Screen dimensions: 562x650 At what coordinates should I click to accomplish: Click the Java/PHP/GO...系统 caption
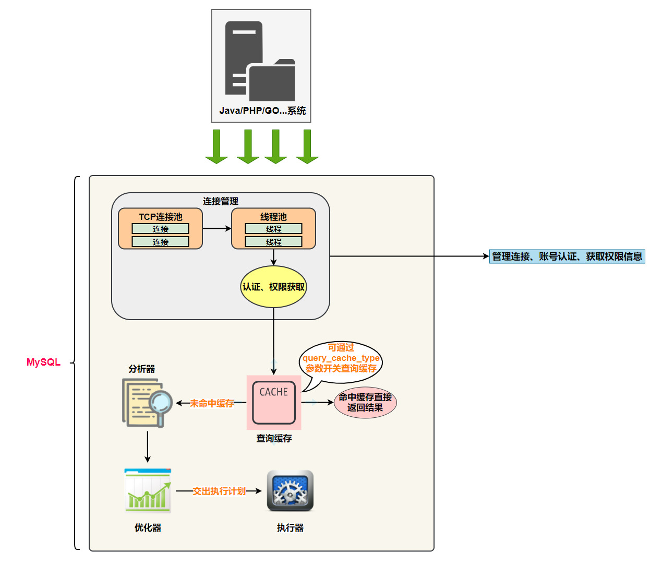point(262,111)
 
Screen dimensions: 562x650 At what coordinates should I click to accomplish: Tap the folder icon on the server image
point(272,81)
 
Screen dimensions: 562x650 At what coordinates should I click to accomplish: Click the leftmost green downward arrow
point(216,147)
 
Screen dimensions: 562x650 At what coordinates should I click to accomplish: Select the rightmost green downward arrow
point(307,147)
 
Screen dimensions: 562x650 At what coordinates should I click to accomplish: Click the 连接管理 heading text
point(221,201)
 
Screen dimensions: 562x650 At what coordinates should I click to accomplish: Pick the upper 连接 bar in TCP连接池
point(160,229)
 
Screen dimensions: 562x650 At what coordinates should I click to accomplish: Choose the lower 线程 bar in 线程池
point(273,242)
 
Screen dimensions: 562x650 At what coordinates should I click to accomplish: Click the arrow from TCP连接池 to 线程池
point(216,228)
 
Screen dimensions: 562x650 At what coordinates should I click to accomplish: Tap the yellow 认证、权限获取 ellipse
point(273,287)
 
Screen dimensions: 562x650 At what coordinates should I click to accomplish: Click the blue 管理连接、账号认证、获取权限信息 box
point(567,256)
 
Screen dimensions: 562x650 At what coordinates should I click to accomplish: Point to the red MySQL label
point(43,362)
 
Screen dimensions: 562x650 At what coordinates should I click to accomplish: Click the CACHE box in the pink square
point(274,402)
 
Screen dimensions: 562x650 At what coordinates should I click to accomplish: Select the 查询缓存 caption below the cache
point(274,438)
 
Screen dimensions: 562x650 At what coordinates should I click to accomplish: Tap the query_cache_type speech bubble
point(341,359)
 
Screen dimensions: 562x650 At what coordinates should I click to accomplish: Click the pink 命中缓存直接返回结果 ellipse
point(365,403)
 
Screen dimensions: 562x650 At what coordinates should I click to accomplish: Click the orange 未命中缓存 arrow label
point(212,403)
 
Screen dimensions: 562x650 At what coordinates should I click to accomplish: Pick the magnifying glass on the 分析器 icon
point(161,403)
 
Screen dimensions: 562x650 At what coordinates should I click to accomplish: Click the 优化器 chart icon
point(148,491)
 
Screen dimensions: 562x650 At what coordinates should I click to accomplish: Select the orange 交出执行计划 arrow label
point(219,491)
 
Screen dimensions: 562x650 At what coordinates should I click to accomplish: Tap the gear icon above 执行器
point(290,491)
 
